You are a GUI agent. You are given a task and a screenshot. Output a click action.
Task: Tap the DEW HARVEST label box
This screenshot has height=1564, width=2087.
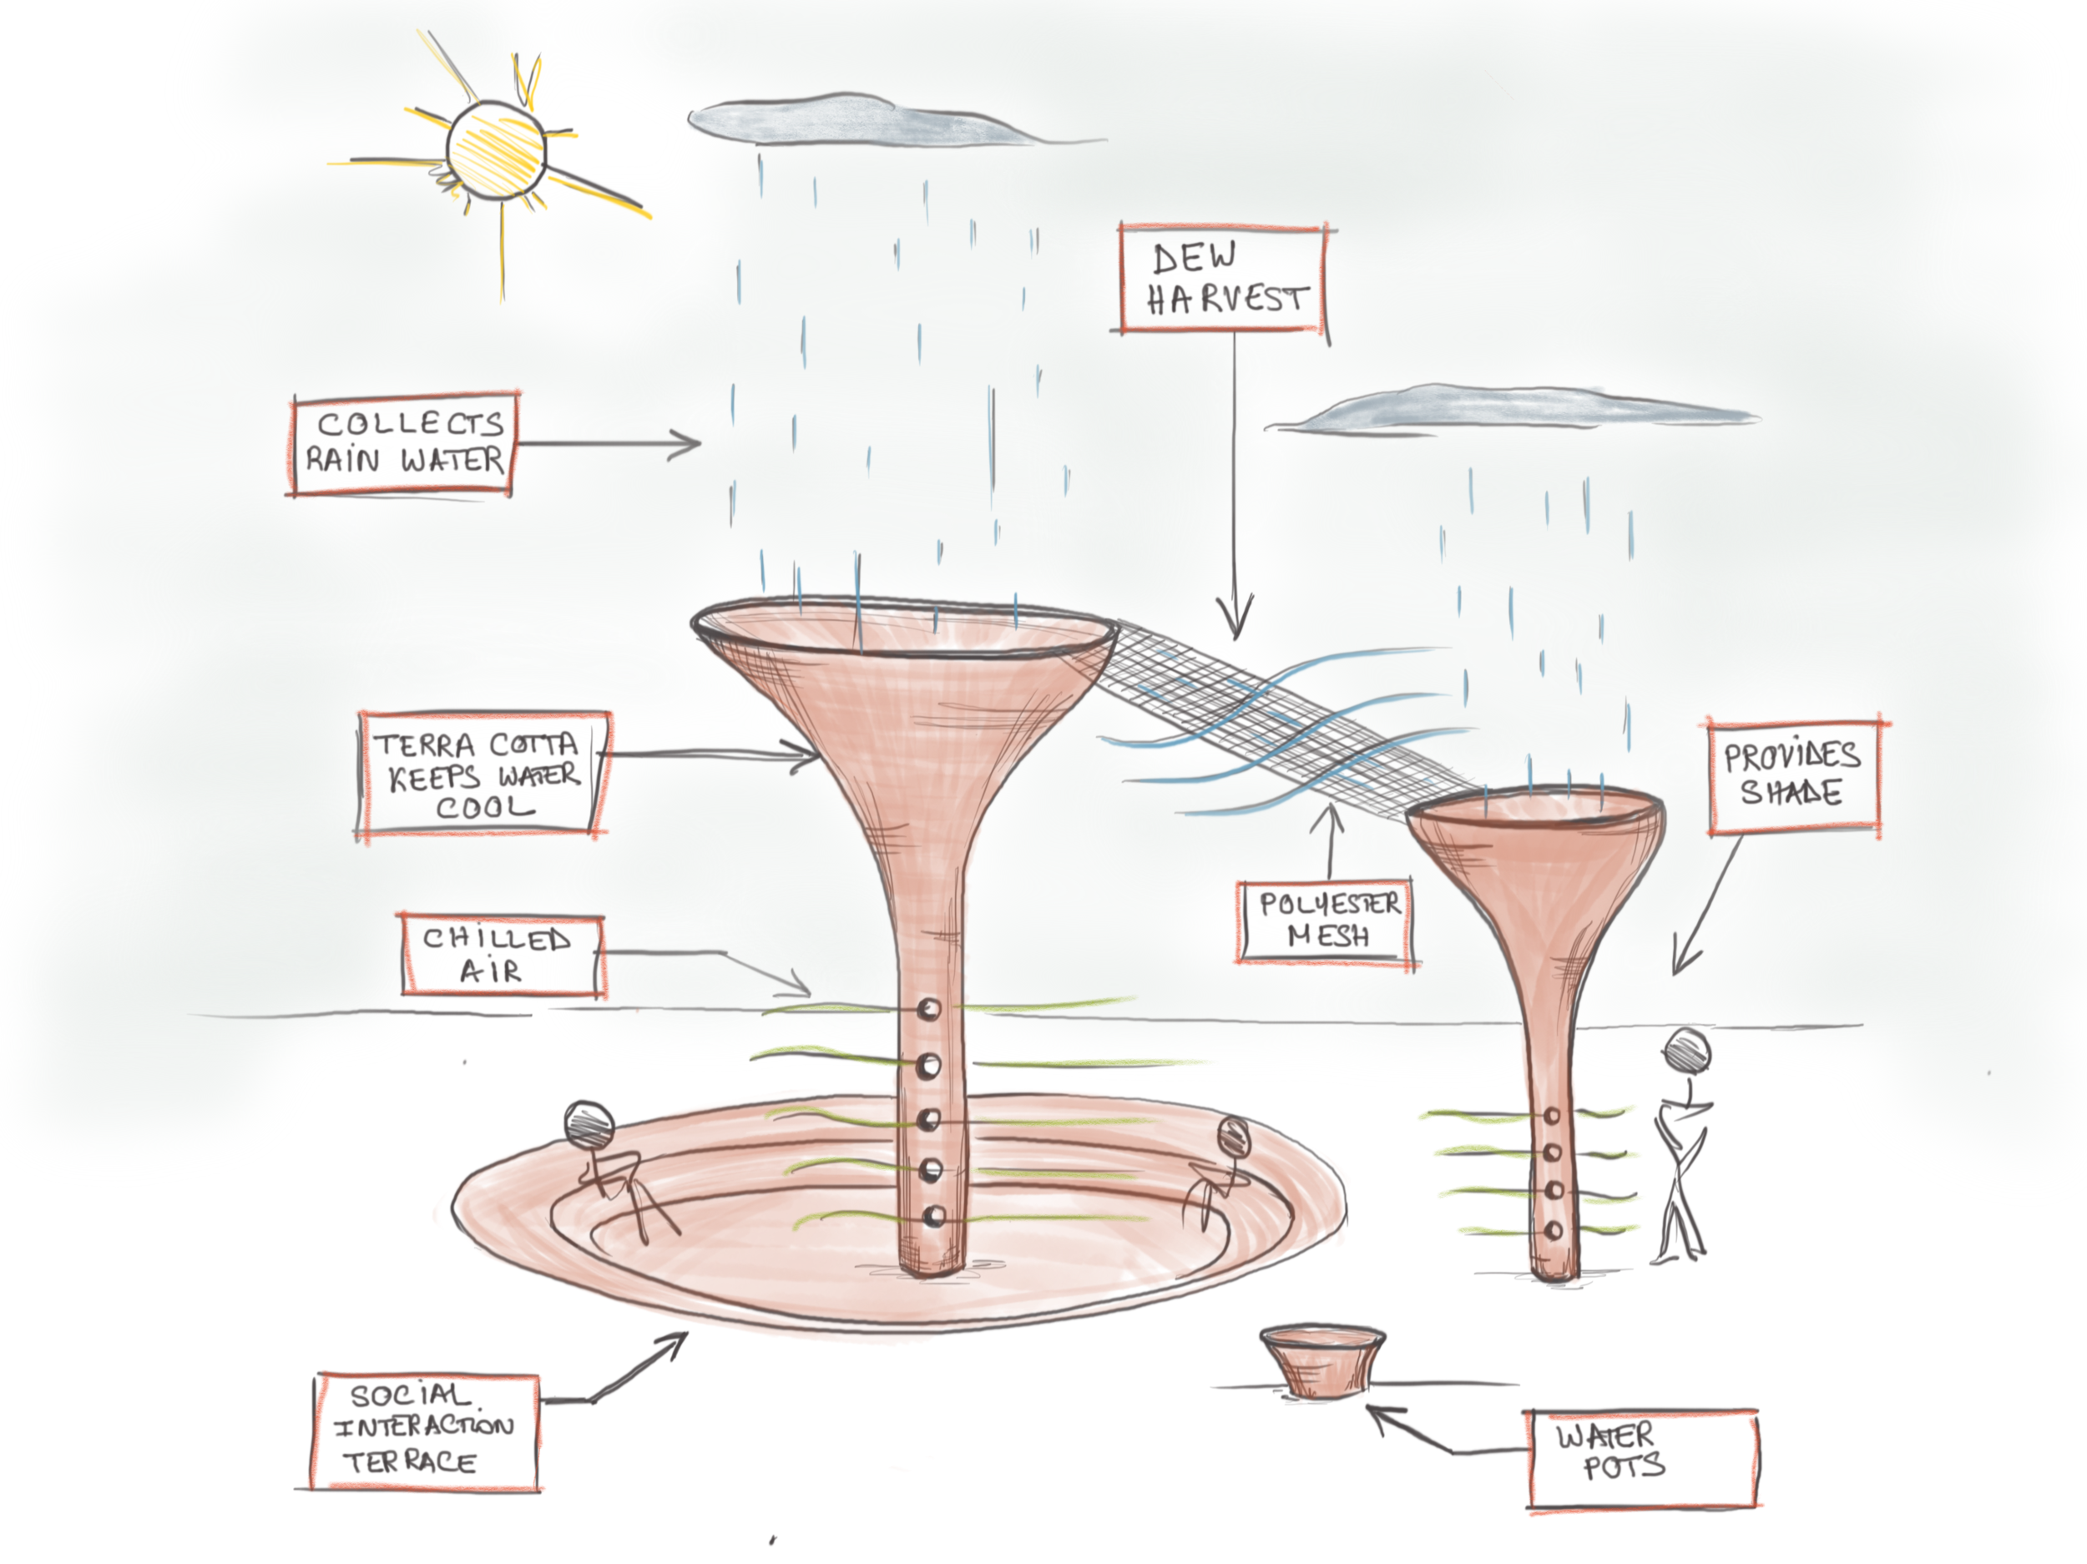[x=1224, y=280]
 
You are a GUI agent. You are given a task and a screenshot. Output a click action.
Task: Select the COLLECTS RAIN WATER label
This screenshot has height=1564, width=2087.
[x=404, y=443]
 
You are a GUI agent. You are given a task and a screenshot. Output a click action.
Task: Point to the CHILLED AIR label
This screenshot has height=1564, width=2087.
[x=501, y=955]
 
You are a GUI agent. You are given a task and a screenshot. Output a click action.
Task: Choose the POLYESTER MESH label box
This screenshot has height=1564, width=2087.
[x=1326, y=921]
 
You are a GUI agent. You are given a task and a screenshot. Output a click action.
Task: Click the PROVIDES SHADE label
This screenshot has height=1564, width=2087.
[x=1792, y=775]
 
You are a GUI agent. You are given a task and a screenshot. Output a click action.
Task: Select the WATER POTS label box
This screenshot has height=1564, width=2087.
[x=1642, y=1457]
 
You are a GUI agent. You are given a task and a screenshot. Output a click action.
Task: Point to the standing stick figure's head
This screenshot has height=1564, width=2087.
[x=1687, y=1050]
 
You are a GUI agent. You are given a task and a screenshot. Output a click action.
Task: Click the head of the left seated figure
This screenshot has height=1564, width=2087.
[x=589, y=1125]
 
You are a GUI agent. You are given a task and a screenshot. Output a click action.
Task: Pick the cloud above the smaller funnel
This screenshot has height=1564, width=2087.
[x=1509, y=411]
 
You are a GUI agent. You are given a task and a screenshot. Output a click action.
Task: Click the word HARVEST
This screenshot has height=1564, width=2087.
[x=1226, y=300]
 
